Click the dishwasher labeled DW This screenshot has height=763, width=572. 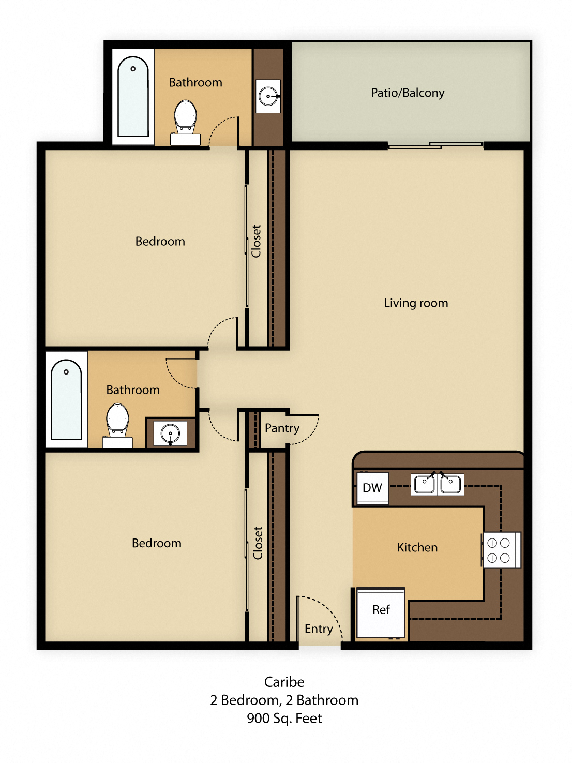372,488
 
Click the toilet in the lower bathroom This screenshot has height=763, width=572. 117,422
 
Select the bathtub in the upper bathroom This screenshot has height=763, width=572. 133,97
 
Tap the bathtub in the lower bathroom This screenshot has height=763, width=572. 66,399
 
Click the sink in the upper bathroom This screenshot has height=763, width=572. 268,96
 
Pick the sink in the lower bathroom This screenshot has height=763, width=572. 170,433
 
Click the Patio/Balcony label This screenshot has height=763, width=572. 408,93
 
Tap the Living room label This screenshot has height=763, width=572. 416,303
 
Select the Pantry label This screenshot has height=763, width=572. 282,428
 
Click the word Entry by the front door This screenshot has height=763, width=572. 319,629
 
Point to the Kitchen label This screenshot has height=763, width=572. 417,547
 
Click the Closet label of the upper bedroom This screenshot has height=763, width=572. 257,241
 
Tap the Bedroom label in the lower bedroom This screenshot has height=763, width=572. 157,543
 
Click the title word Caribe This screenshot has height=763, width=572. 284,682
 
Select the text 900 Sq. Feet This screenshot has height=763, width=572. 284,719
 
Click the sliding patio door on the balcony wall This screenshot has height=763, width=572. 435,145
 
